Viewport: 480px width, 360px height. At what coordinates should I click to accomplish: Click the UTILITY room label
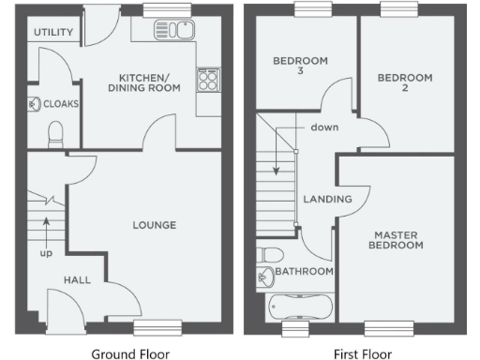52,32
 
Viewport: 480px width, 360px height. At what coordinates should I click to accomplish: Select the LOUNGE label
154,225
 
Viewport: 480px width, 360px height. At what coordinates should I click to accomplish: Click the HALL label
77,280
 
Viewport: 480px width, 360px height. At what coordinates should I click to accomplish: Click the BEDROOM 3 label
300,67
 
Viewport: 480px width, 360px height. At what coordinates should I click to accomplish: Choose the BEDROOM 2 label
405,83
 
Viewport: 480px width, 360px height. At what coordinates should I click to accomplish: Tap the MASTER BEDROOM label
398,240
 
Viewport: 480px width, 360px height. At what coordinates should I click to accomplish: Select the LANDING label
327,199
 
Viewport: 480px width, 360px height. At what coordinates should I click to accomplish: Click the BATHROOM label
305,272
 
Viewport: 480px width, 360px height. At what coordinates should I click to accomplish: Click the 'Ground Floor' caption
130,353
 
